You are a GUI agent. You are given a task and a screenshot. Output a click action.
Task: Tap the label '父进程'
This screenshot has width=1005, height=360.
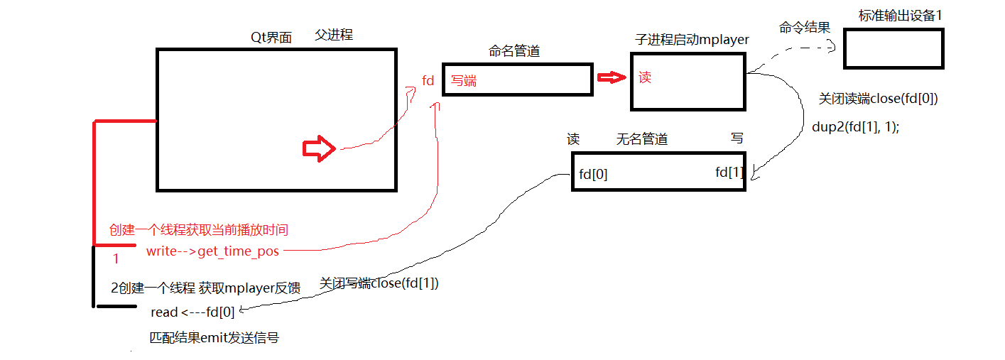[333, 35]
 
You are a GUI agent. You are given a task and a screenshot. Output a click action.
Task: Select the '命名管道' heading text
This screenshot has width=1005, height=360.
[514, 51]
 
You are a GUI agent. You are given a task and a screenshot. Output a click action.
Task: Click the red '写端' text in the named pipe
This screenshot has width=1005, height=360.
[464, 81]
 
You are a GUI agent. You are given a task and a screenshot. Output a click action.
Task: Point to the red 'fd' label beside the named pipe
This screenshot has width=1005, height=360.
[428, 81]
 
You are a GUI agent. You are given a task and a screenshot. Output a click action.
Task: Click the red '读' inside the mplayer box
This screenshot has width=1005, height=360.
[645, 77]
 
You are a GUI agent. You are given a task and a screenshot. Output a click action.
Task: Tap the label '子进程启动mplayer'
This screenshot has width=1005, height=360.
[692, 40]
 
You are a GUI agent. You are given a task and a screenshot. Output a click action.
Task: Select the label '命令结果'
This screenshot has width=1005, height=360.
[805, 28]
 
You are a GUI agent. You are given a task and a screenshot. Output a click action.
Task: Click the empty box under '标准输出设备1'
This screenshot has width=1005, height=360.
[893, 48]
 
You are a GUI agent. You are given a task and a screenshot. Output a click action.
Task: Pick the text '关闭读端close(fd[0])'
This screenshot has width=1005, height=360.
[878, 99]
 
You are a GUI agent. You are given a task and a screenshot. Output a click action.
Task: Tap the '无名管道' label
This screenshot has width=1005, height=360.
[642, 139]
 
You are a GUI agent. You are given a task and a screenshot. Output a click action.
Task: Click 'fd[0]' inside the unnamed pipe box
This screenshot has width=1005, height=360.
[593, 174]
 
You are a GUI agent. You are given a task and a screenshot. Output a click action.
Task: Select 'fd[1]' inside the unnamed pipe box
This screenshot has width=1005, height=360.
[729, 172]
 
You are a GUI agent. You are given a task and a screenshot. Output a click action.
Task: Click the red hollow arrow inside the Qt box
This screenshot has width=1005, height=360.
[319, 148]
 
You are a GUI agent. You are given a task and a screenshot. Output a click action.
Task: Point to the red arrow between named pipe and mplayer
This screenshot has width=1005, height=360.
[612, 77]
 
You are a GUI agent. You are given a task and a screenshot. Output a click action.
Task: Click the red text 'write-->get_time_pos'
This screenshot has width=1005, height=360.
[212, 251]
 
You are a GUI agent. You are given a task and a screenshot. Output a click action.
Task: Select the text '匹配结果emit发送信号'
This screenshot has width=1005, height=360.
[214, 338]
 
